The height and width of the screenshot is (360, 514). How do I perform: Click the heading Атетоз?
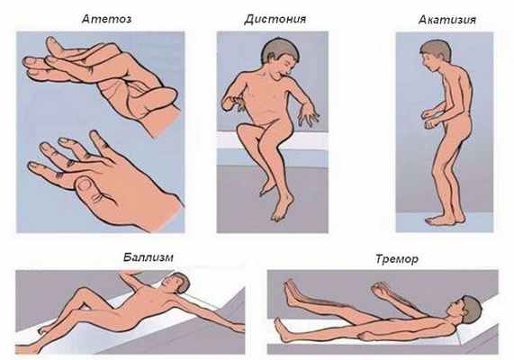(106, 19)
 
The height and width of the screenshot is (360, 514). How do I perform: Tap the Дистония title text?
(275, 19)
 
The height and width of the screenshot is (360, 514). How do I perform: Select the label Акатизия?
(447, 20)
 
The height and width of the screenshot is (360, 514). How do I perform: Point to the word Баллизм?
(149, 257)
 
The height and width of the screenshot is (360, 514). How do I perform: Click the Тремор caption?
(397, 259)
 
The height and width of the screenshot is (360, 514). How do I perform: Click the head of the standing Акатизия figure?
(436, 55)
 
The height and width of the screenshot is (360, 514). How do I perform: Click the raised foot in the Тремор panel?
(293, 292)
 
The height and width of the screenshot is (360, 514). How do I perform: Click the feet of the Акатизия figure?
(445, 220)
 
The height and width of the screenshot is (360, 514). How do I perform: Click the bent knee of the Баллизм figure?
(83, 292)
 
